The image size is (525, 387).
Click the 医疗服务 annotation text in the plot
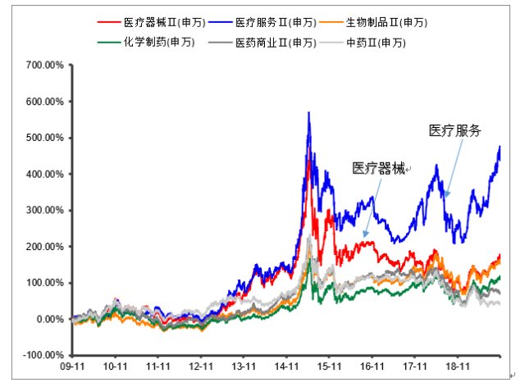click(x=454, y=130)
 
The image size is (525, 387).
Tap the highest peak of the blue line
click(x=308, y=112)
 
